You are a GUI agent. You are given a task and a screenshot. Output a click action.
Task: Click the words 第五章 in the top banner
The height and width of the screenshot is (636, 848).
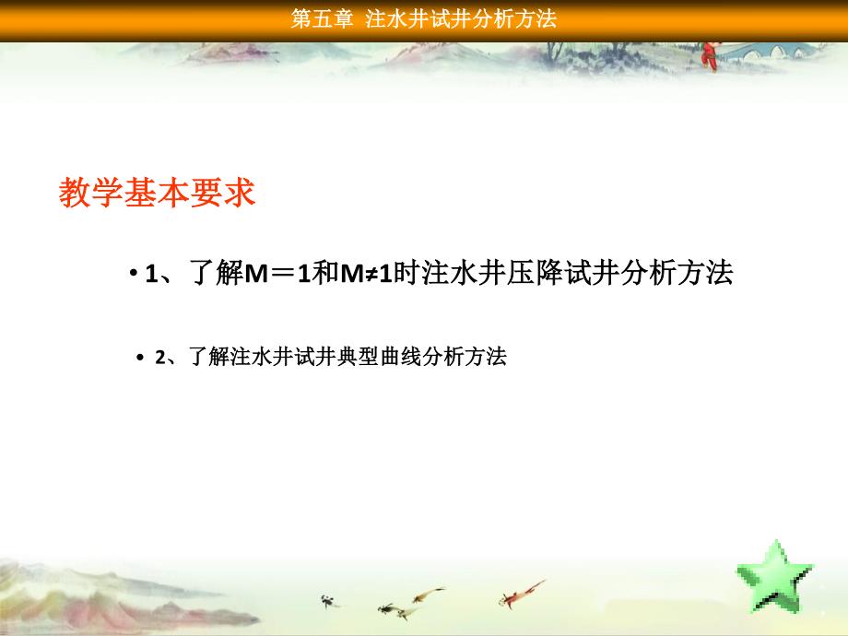click(322, 19)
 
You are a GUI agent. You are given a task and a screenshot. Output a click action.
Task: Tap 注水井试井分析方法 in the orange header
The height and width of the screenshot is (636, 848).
click(461, 19)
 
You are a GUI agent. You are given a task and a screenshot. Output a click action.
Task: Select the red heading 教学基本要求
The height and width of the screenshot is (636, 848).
click(157, 192)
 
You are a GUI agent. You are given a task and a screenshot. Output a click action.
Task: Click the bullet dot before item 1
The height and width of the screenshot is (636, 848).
click(133, 273)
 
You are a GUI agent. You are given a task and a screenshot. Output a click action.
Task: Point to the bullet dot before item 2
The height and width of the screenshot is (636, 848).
click(141, 358)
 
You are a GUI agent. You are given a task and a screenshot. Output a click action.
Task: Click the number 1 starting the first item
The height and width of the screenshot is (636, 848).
click(151, 274)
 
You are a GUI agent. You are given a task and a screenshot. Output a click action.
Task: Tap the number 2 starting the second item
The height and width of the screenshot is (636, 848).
click(160, 358)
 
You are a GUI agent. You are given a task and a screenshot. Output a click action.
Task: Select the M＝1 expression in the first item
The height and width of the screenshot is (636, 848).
click(277, 273)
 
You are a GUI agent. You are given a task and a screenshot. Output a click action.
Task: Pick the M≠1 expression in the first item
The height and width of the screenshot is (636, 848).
click(366, 273)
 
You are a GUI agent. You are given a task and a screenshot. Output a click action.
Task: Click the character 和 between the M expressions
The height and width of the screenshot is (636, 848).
click(325, 272)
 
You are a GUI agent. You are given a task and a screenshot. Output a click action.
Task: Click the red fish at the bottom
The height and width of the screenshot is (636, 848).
click(521, 594)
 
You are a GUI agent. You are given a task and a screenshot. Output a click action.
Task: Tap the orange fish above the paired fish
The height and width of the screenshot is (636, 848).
click(429, 595)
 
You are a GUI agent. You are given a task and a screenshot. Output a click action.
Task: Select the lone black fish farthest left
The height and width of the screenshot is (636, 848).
click(329, 600)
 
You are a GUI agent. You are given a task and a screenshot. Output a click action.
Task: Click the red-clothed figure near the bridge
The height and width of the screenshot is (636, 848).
click(710, 55)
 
